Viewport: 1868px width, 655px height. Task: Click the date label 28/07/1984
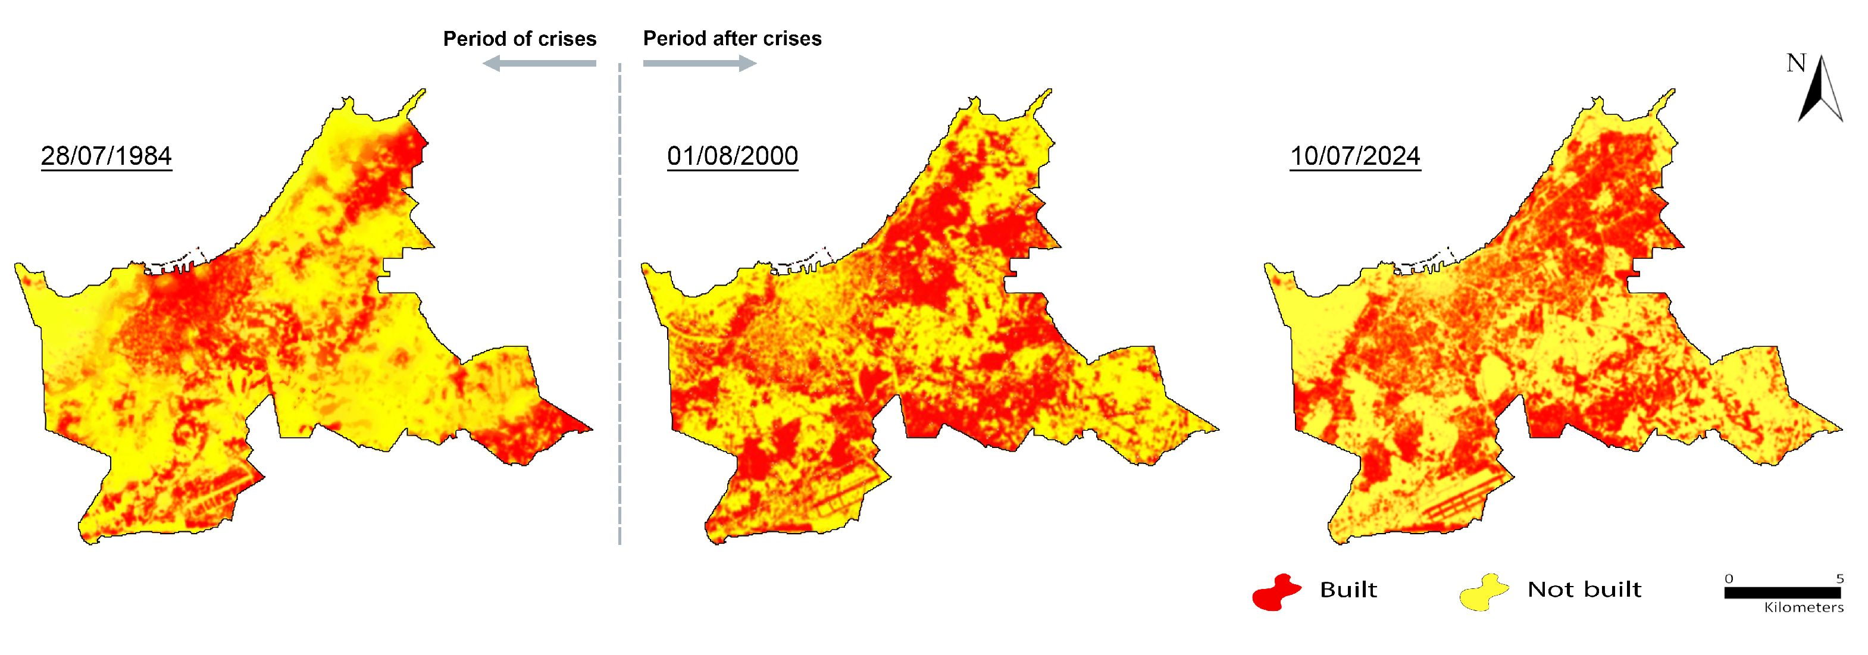click(106, 156)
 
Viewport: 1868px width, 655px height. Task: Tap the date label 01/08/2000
click(733, 156)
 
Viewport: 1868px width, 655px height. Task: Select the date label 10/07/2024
click(1354, 156)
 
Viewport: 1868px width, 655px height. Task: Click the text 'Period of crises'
click(519, 39)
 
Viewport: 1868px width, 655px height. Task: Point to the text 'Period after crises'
click(732, 39)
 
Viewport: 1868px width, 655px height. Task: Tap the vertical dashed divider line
click(619, 305)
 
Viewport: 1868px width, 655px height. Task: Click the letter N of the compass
click(1795, 64)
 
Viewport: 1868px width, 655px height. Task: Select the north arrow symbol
click(1821, 90)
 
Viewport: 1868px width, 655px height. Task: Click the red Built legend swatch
click(1276, 592)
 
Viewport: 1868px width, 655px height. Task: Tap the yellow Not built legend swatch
click(1484, 592)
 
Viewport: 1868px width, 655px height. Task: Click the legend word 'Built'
click(1348, 590)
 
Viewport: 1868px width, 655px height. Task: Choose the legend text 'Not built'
click(1585, 590)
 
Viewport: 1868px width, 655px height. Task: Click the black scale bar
click(1782, 593)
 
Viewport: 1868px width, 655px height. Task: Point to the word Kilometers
click(1804, 608)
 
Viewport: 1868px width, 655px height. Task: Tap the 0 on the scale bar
click(1729, 578)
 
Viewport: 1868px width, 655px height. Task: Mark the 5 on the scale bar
click(1839, 578)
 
